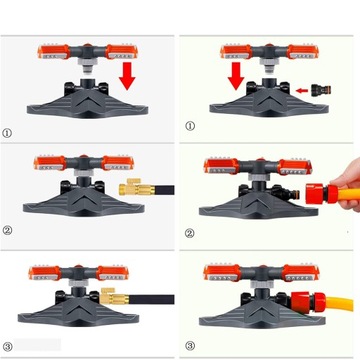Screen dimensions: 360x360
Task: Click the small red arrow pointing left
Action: pyautogui.click(x=303, y=90)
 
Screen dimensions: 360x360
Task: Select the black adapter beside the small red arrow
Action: pyautogui.click(x=321, y=90)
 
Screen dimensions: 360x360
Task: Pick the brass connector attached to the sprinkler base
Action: pyautogui.click(x=115, y=296)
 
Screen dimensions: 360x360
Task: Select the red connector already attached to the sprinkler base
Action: pyautogui.click(x=308, y=302)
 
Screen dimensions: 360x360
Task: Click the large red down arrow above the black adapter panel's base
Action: pyautogui.click(x=236, y=76)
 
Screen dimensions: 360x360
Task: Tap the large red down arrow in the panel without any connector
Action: pyautogui.click(x=127, y=75)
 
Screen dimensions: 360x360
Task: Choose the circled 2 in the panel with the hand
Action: pyautogui.click(x=189, y=234)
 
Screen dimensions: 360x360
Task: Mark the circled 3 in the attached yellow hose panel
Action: pyautogui.click(x=190, y=346)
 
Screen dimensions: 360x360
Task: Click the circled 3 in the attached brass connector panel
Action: pyautogui.click(x=7, y=347)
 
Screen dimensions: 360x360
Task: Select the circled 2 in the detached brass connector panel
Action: pyautogui.click(x=7, y=230)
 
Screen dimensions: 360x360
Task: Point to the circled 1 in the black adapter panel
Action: pyautogui.click(x=190, y=126)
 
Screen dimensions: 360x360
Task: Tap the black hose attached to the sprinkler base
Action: pyautogui.click(x=152, y=299)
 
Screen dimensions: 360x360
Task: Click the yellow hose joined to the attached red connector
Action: pyautogui.click(x=339, y=304)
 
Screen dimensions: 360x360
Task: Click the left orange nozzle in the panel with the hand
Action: pyautogui.click(x=221, y=166)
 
